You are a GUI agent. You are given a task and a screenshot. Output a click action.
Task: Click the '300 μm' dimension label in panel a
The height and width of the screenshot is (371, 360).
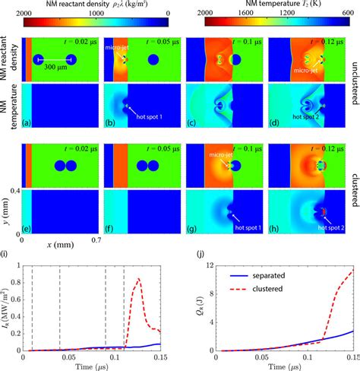55,69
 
